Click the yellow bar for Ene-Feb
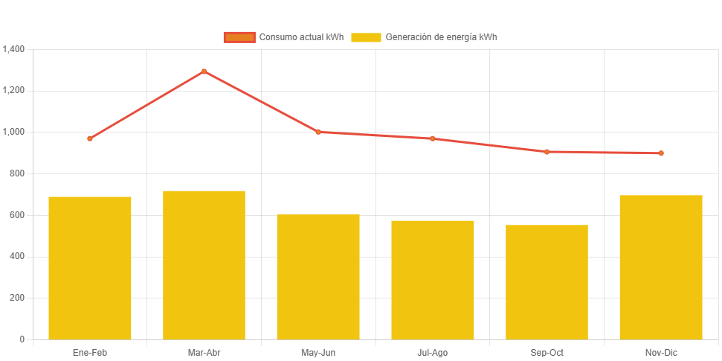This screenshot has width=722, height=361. (90, 268)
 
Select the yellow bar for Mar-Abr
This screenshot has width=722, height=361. (204, 265)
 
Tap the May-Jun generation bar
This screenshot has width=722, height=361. (318, 277)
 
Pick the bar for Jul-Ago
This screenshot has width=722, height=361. (433, 280)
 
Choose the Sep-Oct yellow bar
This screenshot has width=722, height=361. (547, 282)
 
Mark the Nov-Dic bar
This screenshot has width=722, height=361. (661, 267)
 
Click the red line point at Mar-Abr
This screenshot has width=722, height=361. (204, 71)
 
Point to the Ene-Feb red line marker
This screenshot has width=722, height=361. (90, 138)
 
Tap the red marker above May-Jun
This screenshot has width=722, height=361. (318, 132)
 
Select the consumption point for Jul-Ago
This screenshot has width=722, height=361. (433, 138)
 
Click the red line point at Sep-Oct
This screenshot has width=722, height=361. (547, 152)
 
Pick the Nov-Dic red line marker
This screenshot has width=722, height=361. (661, 153)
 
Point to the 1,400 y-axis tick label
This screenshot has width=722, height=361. (14, 49)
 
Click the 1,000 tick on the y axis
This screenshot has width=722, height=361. (14, 132)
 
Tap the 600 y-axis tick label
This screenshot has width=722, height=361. (17, 215)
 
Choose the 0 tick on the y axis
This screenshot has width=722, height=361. (22, 339)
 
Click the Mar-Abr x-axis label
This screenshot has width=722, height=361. (204, 352)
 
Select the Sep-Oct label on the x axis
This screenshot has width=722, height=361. (547, 352)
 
